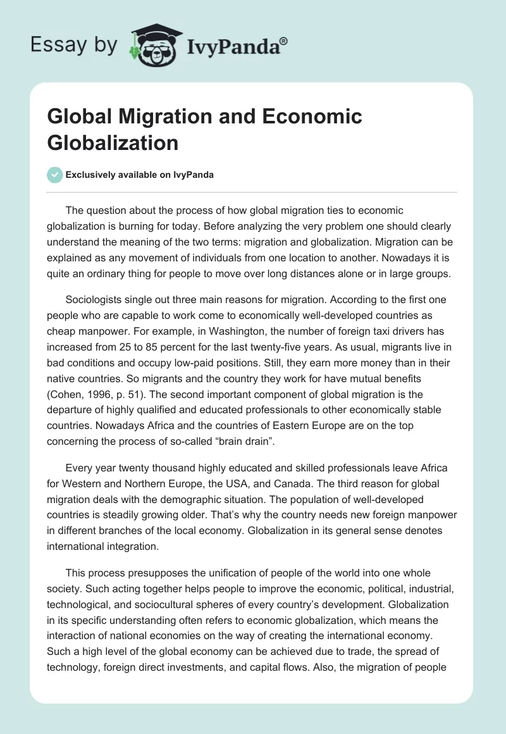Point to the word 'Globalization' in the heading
pyautogui.click(x=113, y=142)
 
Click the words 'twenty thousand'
pyautogui.click(x=142, y=468)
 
